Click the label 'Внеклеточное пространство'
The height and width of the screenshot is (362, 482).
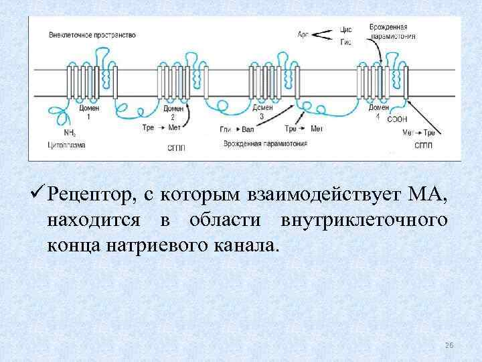[x=92, y=34]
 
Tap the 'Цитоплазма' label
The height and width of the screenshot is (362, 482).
[x=65, y=144]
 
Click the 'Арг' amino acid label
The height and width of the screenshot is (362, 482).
[x=303, y=33]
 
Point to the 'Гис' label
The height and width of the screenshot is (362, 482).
[x=346, y=42]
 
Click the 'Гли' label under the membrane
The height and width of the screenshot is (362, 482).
[x=225, y=128]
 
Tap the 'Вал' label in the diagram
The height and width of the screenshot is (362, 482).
[x=248, y=128]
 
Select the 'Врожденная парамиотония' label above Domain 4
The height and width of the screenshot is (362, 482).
[x=392, y=32]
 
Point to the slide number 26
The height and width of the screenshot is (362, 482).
[x=449, y=345]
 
